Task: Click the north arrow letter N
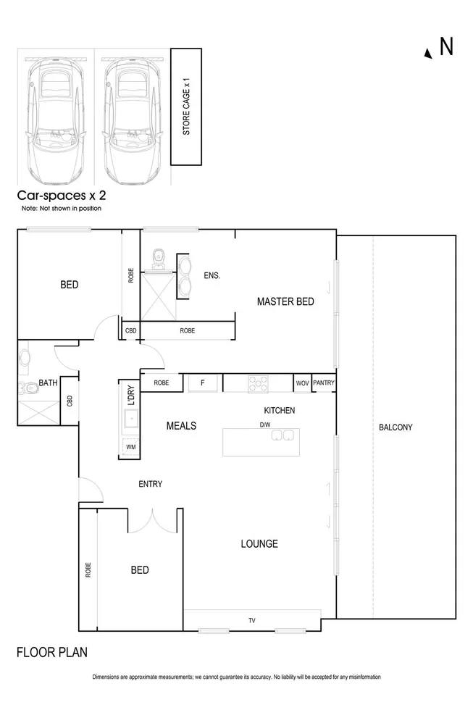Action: tap(446, 47)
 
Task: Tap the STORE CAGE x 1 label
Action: tap(186, 106)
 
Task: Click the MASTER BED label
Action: tap(285, 301)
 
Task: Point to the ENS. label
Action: tap(212, 275)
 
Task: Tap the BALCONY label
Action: tap(395, 427)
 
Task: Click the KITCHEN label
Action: tap(279, 411)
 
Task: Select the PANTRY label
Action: tap(324, 383)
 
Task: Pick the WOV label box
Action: tap(302, 383)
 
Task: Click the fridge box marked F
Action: tap(202, 383)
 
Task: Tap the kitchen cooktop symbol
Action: tap(258, 383)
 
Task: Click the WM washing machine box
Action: tap(130, 448)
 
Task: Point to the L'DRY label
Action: tap(131, 395)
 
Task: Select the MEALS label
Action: tap(181, 426)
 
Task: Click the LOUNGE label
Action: tap(259, 544)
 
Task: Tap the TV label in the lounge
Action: tap(252, 621)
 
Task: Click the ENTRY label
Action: tap(151, 484)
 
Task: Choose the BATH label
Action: tap(48, 383)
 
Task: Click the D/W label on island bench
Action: tap(265, 425)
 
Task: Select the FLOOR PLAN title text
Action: tap(52, 652)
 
